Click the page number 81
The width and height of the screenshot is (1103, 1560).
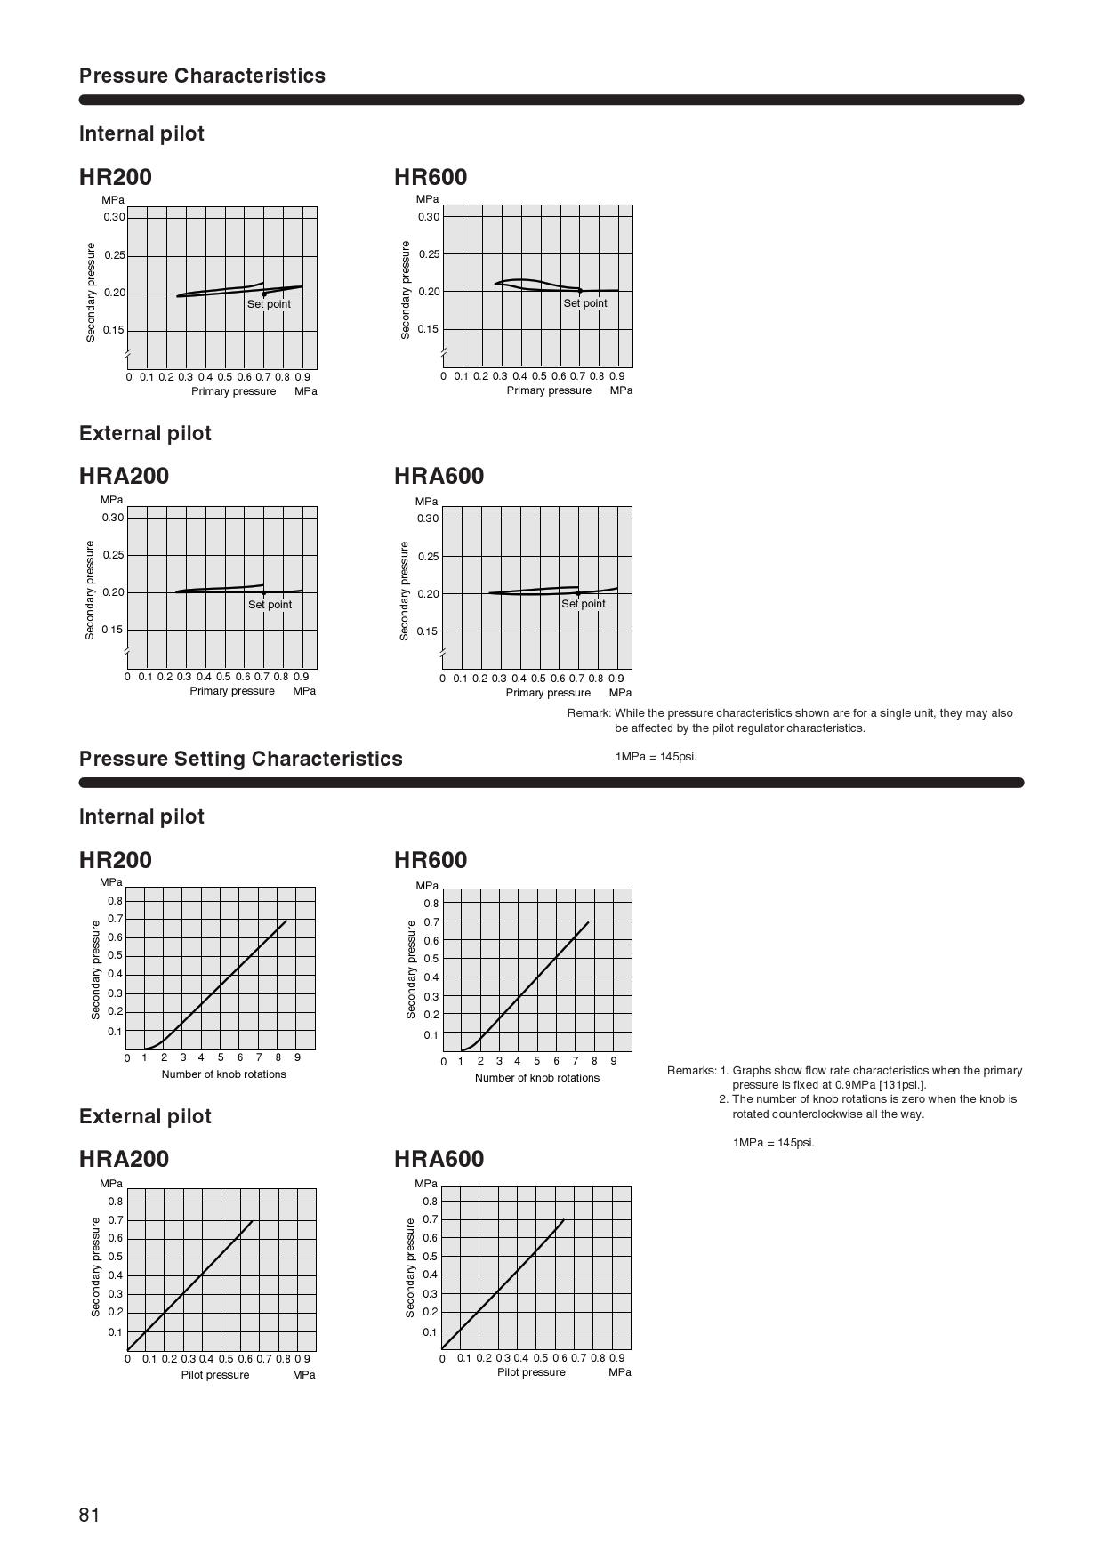89,1515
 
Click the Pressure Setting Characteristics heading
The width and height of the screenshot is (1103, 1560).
240,759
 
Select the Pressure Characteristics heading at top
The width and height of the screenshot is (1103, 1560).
202,76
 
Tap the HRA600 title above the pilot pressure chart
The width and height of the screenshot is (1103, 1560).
439,1159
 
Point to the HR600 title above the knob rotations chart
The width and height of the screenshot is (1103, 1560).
431,860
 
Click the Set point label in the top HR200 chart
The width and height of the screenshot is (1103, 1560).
269,304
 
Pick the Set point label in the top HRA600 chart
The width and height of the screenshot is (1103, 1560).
583,604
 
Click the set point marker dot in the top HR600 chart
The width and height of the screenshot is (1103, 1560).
580,291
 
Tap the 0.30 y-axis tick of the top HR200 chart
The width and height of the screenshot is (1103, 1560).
114,217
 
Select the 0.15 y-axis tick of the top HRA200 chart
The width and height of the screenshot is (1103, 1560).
112,630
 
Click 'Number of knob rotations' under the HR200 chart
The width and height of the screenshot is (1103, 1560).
224,1074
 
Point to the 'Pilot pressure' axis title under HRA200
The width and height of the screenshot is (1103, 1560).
215,1375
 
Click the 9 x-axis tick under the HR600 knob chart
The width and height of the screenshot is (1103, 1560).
613,1061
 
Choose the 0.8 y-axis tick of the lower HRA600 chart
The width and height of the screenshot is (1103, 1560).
430,1202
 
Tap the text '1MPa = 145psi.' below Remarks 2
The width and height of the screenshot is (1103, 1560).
773,1143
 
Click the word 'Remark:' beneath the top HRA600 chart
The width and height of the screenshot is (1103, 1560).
589,713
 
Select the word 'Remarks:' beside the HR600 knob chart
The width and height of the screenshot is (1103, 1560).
691,1071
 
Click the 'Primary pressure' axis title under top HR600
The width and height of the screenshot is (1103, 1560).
549,390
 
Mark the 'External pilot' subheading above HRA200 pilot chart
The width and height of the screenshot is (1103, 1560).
145,1116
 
